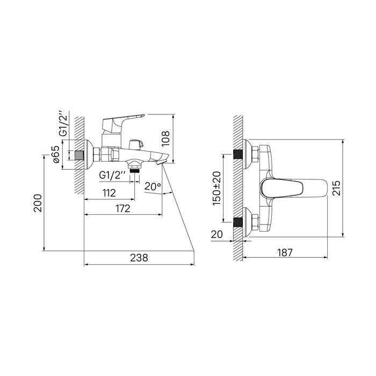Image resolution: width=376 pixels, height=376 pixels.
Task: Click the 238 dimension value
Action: point(139,258)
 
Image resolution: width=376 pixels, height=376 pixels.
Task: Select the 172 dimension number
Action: point(123,208)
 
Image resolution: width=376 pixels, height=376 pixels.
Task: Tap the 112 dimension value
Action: point(109,193)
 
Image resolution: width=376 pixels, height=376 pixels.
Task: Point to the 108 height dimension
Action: point(165,139)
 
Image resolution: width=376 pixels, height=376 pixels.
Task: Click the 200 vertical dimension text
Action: point(38,203)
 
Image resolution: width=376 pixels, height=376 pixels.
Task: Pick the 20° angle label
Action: point(153,186)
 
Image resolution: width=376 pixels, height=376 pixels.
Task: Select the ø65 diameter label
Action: point(56,154)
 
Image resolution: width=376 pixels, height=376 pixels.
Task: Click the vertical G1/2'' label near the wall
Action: point(63,124)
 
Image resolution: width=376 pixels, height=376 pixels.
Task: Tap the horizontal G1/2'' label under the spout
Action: point(112,175)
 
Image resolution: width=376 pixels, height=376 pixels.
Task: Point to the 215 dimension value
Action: point(336,188)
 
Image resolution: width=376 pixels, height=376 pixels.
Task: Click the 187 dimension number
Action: point(285,252)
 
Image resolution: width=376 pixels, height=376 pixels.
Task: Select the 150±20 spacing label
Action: point(217,188)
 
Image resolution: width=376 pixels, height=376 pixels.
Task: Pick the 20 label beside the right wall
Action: point(217,234)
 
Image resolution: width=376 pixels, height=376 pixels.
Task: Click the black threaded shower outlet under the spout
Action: point(134,170)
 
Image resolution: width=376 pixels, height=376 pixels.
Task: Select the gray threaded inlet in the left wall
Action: point(79,155)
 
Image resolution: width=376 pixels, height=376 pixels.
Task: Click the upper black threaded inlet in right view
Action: point(237,154)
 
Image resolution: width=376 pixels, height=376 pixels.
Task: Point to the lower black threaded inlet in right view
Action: point(237,222)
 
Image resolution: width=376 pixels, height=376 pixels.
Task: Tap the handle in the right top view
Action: point(294,188)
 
